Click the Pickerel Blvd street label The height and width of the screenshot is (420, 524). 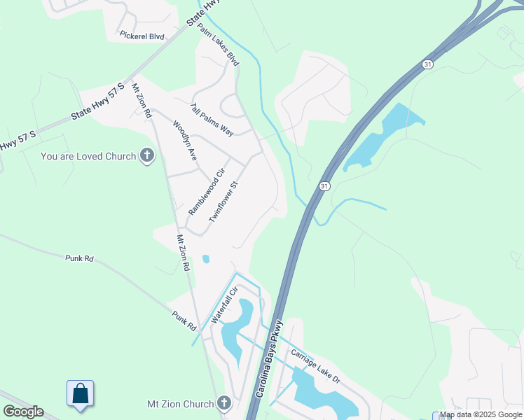pos(142,36)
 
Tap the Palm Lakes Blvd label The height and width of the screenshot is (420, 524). pos(218,44)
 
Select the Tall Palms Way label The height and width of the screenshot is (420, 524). pos(212,119)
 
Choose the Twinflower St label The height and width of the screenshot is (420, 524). pos(224,202)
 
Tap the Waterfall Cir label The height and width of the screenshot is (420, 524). pos(225,304)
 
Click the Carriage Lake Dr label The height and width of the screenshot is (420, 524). pos(315,366)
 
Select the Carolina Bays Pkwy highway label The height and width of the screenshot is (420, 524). pos(268,360)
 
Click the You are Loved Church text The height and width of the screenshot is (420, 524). pos(88,156)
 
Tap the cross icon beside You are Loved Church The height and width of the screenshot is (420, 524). pos(146,155)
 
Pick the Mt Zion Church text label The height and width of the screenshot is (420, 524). pos(180,404)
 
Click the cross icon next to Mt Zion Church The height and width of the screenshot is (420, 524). pos(223,403)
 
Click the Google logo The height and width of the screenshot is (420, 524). pos(23,412)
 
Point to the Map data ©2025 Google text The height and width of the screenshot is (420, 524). pos(481,415)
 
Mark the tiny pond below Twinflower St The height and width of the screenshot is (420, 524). pos(205,259)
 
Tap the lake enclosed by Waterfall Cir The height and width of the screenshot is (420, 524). pos(237,325)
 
